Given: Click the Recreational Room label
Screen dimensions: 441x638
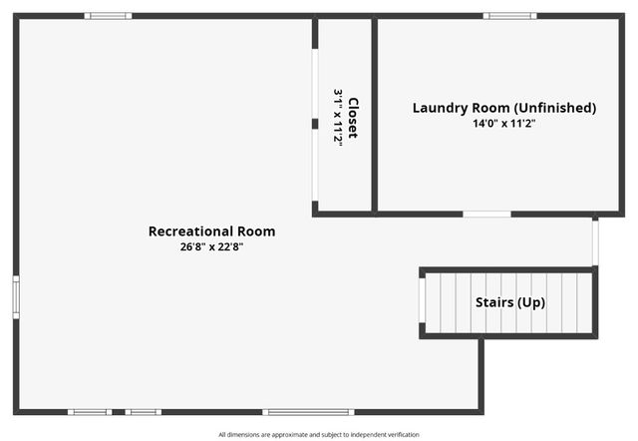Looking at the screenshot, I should [211, 231].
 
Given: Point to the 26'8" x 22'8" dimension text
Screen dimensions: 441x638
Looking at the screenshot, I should [211, 246].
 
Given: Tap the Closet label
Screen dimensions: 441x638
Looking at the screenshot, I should [352, 118].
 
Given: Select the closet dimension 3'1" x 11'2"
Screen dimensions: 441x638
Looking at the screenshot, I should [338, 118].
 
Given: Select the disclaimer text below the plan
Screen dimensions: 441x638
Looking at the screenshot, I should [319, 434].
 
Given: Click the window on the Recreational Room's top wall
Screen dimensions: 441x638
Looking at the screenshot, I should [108, 16].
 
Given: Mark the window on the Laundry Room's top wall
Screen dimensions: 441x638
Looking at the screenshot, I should [509, 16].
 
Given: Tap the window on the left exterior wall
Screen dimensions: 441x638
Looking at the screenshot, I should [16, 296].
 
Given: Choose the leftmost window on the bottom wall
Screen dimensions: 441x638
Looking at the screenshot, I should [90, 411].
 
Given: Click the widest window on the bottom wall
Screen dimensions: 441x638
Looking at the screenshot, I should [308, 411].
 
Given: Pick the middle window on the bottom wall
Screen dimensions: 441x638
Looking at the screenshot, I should [143, 411].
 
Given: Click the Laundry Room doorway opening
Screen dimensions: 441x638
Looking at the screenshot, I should [487, 214].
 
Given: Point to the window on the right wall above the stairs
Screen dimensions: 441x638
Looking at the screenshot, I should [595, 241].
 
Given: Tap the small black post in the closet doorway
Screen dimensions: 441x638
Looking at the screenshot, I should [315, 124].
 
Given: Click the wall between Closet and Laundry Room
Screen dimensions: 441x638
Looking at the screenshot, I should [375, 115].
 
